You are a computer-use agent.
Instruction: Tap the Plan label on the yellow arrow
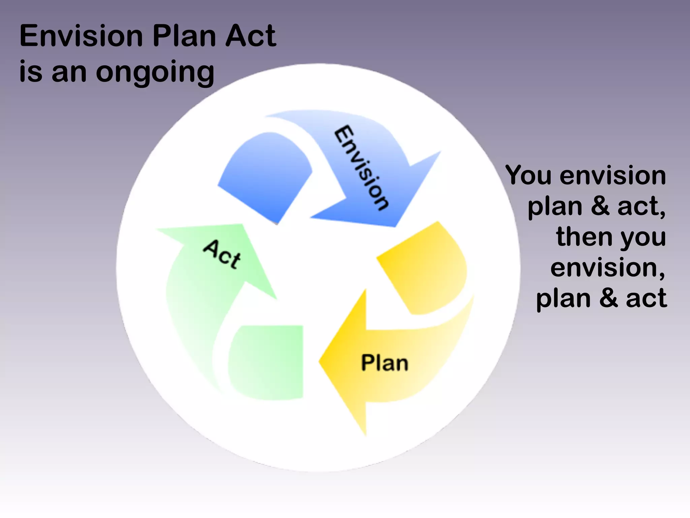384,363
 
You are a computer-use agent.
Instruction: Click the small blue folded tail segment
266,175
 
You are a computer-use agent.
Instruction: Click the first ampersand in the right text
600,206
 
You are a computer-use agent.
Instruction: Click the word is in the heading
31,72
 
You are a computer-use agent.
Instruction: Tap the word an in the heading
69,73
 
